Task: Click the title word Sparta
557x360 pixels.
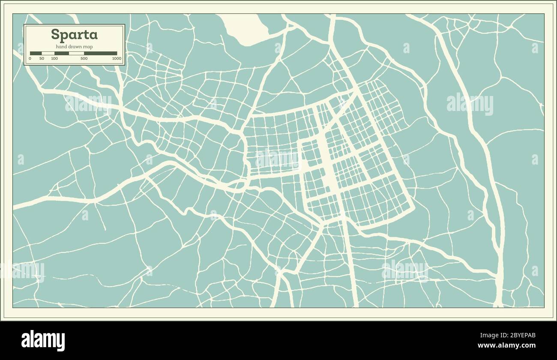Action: [74, 34]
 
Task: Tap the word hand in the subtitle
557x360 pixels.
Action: [61, 47]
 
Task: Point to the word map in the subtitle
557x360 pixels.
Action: [88, 47]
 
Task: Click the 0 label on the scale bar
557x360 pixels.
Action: [30, 58]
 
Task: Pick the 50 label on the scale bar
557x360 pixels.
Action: [42, 58]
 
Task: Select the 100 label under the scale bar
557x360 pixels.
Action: [54, 58]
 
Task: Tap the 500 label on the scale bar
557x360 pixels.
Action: [84, 58]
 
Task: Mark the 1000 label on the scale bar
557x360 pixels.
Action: [117, 58]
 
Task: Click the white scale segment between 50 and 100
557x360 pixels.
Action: [48, 54]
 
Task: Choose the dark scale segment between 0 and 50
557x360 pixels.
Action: [36, 54]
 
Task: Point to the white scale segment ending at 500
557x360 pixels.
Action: [76, 54]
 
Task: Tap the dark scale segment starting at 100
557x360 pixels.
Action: [61, 54]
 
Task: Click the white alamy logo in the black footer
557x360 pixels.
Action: [43, 340]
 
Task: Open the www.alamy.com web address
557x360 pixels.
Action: [506, 345]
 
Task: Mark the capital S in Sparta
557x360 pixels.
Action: [55, 34]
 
